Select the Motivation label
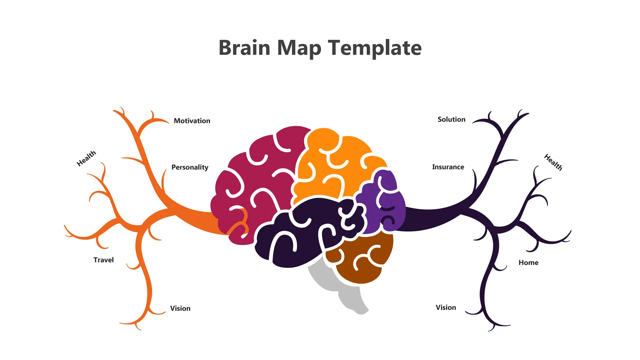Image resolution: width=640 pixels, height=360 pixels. (x=192, y=121)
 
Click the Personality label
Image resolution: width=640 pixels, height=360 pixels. (x=190, y=167)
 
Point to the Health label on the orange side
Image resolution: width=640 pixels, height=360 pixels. (x=86, y=158)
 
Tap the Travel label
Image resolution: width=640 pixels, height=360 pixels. (x=103, y=260)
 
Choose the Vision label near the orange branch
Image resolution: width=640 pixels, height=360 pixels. (x=180, y=308)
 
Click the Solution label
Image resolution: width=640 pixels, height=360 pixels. (x=451, y=119)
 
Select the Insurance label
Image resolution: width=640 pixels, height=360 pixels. (x=448, y=167)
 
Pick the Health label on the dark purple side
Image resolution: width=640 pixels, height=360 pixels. (x=553, y=162)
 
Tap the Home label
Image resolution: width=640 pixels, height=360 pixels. (x=528, y=263)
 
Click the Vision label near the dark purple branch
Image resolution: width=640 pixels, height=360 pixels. (x=446, y=307)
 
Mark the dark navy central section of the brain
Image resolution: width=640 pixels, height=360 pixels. (x=306, y=237)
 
